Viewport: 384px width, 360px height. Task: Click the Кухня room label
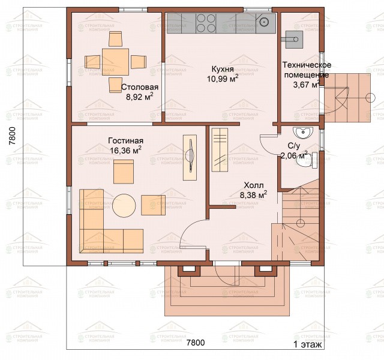pos(223,70)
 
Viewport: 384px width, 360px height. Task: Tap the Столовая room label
pos(140,87)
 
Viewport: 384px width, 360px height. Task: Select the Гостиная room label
pos(125,141)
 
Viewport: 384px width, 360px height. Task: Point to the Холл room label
pos(254,185)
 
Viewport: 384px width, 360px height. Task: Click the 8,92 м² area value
pos(140,97)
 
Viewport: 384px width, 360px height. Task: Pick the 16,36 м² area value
pos(125,150)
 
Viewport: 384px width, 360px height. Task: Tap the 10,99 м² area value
pos(223,79)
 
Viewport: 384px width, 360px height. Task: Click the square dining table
pos(115,62)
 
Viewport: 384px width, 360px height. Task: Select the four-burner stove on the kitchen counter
pos(206,23)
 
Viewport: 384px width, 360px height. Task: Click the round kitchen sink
pos(265,22)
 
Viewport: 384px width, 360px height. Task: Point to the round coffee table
pos(124,205)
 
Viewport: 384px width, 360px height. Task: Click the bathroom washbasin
pos(303,133)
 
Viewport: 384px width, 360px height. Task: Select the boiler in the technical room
pos(293,39)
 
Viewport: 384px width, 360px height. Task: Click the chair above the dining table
pos(115,38)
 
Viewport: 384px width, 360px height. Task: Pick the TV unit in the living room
pos(190,157)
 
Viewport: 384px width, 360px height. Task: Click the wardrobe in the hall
pos(220,149)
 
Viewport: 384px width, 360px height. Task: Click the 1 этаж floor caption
pos(308,344)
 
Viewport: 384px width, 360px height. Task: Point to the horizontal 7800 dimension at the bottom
pos(196,343)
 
